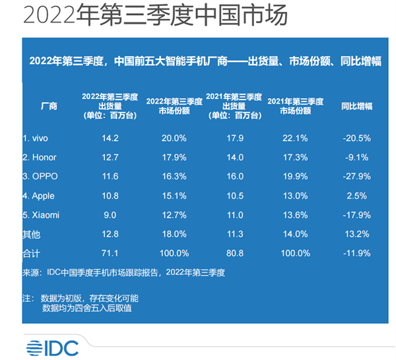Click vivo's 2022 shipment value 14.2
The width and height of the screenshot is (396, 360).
click(x=109, y=138)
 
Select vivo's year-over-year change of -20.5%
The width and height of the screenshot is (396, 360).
click(x=356, y=138)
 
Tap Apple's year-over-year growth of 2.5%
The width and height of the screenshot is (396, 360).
click(x=356, y=196)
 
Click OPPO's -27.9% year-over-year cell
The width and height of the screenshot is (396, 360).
click(x=356, y=177)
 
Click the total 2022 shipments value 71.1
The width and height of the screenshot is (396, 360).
click(x=109, y=253)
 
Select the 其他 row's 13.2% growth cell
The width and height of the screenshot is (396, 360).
click(x=356, y=233)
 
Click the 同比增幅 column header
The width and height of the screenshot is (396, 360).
click(x=356, y=105)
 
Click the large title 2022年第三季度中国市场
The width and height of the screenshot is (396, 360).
click(x=155, y=16)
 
